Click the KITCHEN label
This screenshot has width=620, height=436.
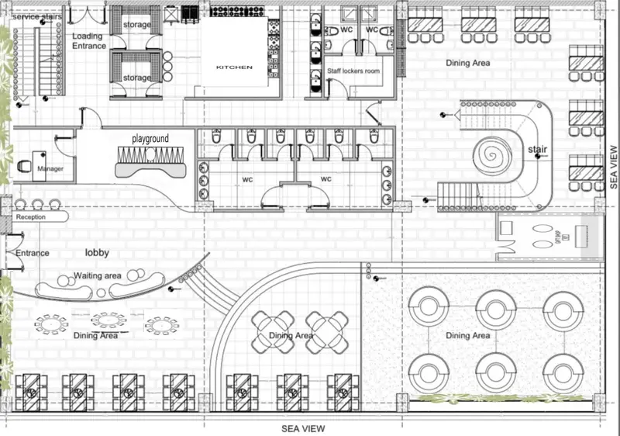coord(233,67)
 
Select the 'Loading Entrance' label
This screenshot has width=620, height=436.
coord(88,41)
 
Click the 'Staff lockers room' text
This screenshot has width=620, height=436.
coord(355,71)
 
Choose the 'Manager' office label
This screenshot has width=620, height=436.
coord(50,168)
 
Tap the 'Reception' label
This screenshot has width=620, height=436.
coord(31,217)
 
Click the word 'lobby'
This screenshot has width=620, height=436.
coord(97,253)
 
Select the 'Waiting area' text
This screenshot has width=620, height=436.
coord(97,276)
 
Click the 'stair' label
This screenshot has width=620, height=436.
coord(537,148)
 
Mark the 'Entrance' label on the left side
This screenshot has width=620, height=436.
coord(32,253)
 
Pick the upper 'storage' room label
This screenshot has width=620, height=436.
coord(137,25)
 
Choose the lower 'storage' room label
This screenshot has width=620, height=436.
coord(137,78)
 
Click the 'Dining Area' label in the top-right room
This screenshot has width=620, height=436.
coord(467,62)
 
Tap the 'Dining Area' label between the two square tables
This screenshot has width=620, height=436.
coord(291,335)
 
